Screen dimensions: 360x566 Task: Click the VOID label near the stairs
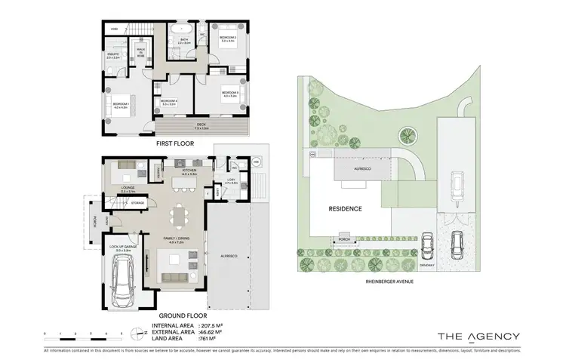tap(114, 29)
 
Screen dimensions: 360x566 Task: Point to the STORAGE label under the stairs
tap(137, 202)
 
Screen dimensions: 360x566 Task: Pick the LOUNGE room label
tap(128, 189)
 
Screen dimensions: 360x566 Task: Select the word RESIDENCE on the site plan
tap(345, 208)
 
